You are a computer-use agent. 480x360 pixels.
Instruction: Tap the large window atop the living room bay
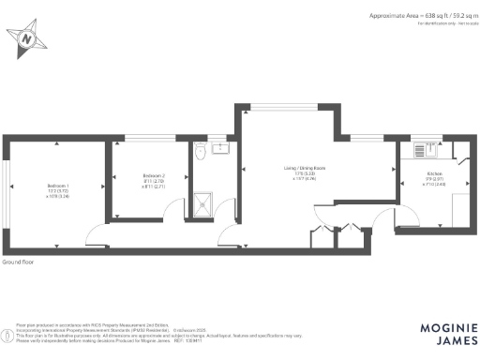point(288,106)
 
